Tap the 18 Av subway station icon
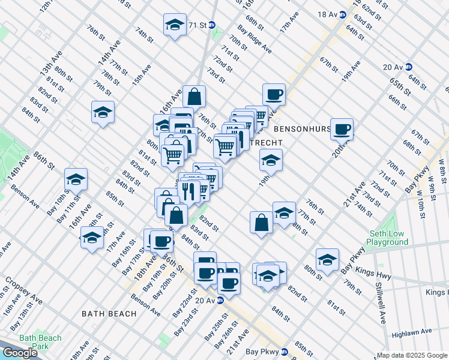[x=342, y=14]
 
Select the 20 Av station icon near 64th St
[x=408, y=67]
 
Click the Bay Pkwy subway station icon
[x=285, y=351]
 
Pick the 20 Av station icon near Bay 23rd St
[x=220, y=300]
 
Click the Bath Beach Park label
[x=40, y=342]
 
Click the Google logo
[x=20, y=353]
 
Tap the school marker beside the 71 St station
[x=175, y=25]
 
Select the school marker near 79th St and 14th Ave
[x=103, y=112]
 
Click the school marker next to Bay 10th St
[x=76, y=179]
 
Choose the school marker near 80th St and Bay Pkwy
[x=327, y=260]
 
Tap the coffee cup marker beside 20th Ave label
[x=342, y=128]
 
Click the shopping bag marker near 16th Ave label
[x=194, y=95]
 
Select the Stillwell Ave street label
[x=381, y=303]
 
